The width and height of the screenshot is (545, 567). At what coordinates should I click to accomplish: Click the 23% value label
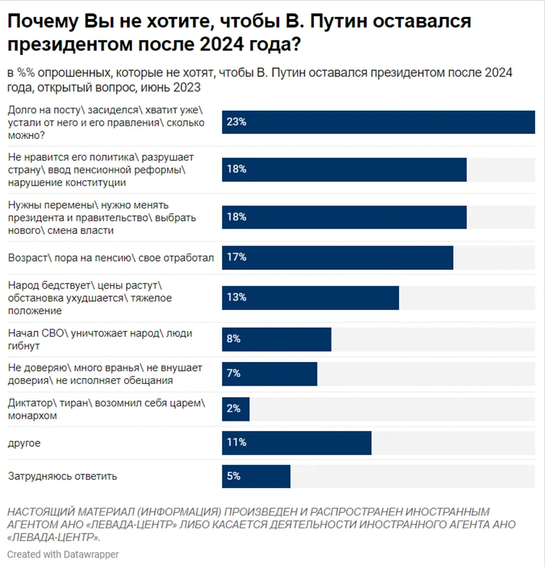click(237, 122)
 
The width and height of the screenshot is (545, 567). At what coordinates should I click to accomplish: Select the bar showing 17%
click(337, 257)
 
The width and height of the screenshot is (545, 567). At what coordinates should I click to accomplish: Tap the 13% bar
click(310, 298)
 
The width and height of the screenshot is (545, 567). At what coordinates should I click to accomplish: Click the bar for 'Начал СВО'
click(277, 339)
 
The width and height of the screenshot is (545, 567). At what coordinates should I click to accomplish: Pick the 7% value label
click(233, 374)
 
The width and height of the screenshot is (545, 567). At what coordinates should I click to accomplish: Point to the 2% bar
click(235, 409)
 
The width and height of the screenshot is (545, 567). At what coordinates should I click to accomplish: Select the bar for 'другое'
click(296, 442)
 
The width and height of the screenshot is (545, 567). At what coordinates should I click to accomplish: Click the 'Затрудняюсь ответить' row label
click(63, 477)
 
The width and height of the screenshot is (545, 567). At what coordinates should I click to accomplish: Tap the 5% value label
click(233, 477)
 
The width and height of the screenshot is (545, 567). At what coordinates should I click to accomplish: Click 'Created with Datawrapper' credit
click(63, 554)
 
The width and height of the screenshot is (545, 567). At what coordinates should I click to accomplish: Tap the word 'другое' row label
click(24, 443)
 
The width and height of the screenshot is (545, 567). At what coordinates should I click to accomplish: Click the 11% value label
click(237, 442)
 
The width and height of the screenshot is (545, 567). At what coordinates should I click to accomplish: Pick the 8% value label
click(233, 339)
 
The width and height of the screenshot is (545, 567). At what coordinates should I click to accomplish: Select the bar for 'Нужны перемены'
click(344, 217)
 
